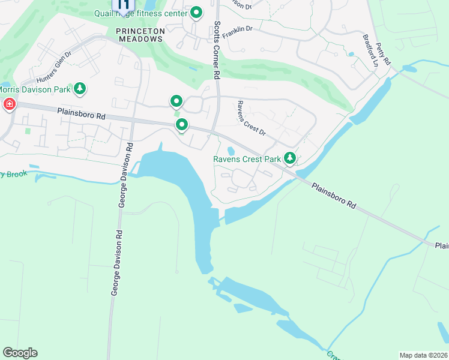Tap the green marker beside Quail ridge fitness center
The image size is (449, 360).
(196, 13)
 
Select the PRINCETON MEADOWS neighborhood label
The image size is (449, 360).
(139, 34)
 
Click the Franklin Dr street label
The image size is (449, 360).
(238, 32)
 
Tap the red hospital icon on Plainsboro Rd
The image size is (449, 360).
(9, 105)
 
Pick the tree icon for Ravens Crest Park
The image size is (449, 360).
(290, 158)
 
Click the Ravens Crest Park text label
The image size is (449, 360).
(247, 160)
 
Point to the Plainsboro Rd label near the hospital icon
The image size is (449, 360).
(82, 112)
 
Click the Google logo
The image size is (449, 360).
(20, 353)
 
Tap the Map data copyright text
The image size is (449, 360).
(423, 355)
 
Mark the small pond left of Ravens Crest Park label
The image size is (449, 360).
(231, 150)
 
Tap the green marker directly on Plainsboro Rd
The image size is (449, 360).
(182, 125)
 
